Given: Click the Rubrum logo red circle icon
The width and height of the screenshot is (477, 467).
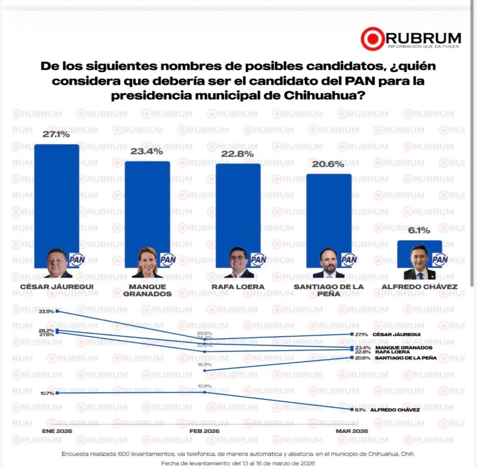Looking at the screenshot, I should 373,39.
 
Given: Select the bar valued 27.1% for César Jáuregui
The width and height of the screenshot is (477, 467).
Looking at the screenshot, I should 57,196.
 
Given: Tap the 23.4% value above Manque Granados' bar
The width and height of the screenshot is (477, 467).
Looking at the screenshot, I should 147,151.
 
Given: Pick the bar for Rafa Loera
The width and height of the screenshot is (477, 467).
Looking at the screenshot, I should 238,205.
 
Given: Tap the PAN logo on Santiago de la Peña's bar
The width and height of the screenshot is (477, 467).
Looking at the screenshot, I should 348,259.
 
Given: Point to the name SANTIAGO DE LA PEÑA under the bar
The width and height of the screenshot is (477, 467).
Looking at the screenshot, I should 328,291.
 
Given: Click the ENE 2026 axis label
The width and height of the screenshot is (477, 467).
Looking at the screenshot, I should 57,431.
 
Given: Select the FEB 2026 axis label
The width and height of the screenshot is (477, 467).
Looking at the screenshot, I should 204,431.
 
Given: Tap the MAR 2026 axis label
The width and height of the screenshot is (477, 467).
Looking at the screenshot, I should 352,431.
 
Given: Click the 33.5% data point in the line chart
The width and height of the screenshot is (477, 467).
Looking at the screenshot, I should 57,311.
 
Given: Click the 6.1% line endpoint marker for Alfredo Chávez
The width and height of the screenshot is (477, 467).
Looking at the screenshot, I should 352,410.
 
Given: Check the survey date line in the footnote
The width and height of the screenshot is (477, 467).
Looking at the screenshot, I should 238,463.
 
